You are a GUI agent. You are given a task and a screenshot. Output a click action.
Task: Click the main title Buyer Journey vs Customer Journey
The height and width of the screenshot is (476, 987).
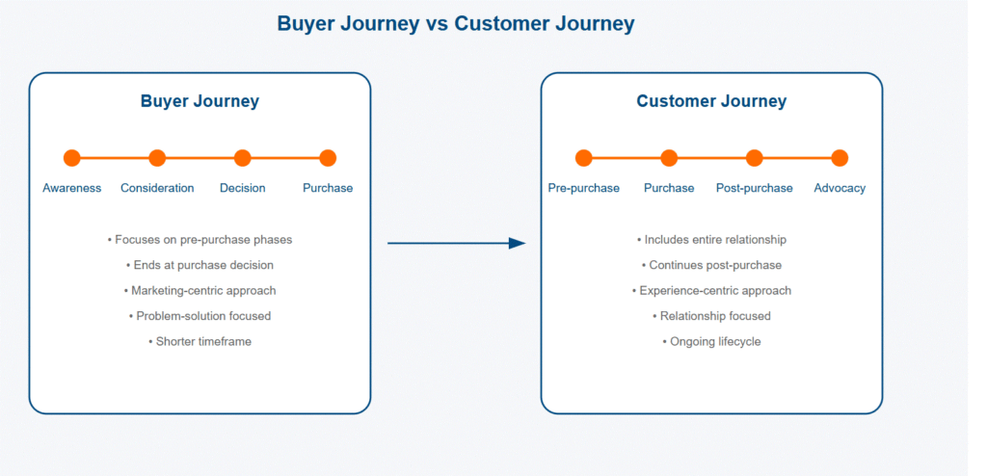coord(456,23)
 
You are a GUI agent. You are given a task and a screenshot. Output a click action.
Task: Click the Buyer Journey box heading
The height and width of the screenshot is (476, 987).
coord(200,101)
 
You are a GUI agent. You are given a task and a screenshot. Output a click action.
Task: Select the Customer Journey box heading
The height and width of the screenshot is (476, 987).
coord(711,101)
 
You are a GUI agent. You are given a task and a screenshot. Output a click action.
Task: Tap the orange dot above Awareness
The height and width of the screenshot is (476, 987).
coord(72,158)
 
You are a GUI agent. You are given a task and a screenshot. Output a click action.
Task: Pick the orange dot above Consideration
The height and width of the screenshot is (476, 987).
coord(157,158)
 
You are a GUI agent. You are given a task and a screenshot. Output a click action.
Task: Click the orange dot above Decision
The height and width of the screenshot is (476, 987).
coord(243,158)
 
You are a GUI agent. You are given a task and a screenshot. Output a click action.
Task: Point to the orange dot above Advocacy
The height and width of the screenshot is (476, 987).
coord(840,158)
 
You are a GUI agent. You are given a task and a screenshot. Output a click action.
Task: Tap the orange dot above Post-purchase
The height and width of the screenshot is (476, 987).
coord(754,158)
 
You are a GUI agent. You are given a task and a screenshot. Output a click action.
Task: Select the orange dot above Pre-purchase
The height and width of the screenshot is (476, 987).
coord(583,158)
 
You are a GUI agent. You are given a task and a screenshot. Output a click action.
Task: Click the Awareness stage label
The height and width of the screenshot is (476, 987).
coord(72,188)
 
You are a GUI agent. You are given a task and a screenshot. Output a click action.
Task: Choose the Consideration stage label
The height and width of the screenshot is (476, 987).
coord(157,188)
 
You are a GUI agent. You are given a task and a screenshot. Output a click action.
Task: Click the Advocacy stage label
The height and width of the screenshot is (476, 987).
coord(840,188)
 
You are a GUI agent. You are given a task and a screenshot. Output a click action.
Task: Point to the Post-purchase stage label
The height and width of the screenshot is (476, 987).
coord(754,188)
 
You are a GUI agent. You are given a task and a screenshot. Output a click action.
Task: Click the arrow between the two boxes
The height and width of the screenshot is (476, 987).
coord(456,244)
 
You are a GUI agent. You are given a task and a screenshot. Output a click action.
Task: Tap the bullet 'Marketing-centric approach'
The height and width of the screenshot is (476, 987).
coord(200,290)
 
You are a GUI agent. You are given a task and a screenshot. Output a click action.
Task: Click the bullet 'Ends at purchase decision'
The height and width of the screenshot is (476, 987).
coord(200,265)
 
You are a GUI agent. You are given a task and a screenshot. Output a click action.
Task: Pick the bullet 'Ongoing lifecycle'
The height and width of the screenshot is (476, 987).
coord(711,341)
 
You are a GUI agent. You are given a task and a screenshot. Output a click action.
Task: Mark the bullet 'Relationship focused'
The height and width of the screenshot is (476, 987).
coord(711,316)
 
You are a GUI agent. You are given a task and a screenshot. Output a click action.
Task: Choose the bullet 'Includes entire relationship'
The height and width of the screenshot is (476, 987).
coord(711,239)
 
